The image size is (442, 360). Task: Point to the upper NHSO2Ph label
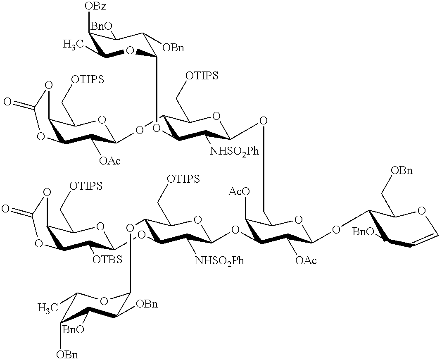[235, 151]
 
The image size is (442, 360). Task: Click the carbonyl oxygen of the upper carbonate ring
[7, 101]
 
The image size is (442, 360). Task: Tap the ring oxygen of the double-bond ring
[422, 211]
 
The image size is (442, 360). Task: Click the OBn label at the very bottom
[68, 354]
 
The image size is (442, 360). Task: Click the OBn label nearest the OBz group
[173, 48]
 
